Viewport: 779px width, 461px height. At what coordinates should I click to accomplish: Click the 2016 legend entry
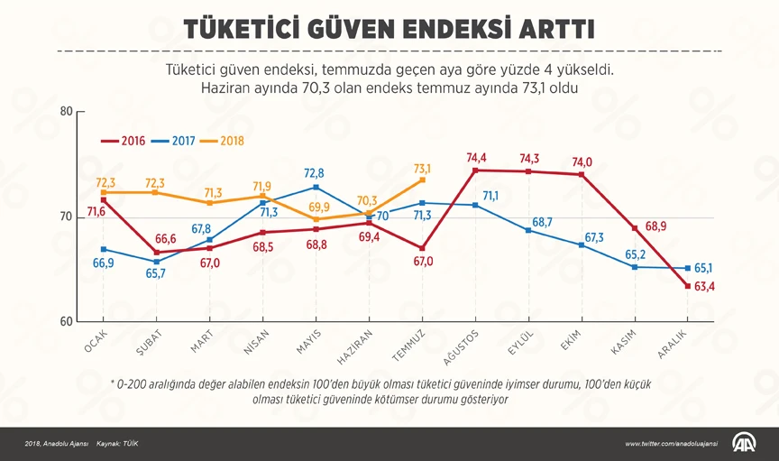click(123, 141)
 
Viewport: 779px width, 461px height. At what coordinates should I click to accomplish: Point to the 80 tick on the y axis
click(65, 112)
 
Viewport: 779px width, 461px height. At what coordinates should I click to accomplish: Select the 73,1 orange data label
click(422, 168)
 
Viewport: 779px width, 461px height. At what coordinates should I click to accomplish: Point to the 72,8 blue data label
click(315, 173)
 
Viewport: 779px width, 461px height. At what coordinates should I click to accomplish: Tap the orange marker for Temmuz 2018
click(422, 180)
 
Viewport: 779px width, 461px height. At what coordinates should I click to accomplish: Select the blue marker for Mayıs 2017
click(316, 187)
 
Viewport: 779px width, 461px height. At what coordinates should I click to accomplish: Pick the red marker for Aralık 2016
click(688, 286)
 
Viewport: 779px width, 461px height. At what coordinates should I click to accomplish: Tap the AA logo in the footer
click(745, 443)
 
